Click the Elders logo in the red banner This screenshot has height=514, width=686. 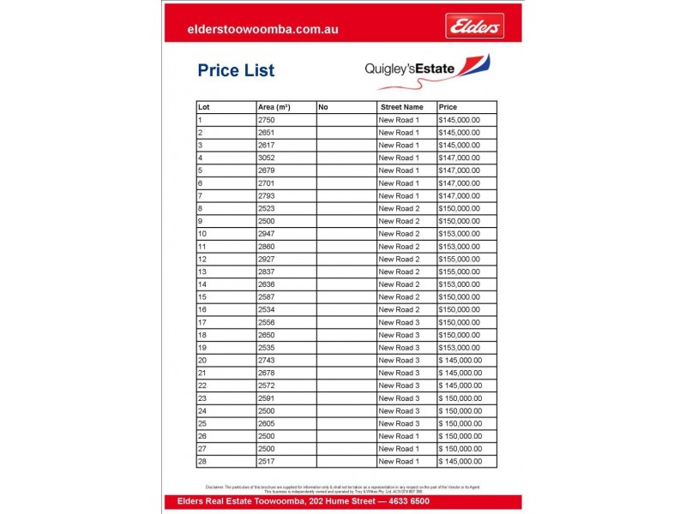coord(474,27)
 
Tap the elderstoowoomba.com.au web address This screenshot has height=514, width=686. coord(262,28)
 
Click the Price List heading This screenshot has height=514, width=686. coord(236,70)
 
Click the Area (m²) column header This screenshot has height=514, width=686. coord(274,107)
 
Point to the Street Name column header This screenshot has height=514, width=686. coord(401,107)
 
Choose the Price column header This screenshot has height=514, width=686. coord(448,107)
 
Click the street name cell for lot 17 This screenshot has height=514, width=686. coord(399,322)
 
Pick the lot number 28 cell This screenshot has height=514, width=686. coord(202,462)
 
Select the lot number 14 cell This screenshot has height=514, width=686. coord(202,284)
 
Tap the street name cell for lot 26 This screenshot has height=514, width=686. coord(399,436)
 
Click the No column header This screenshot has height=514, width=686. coord(323,107)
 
